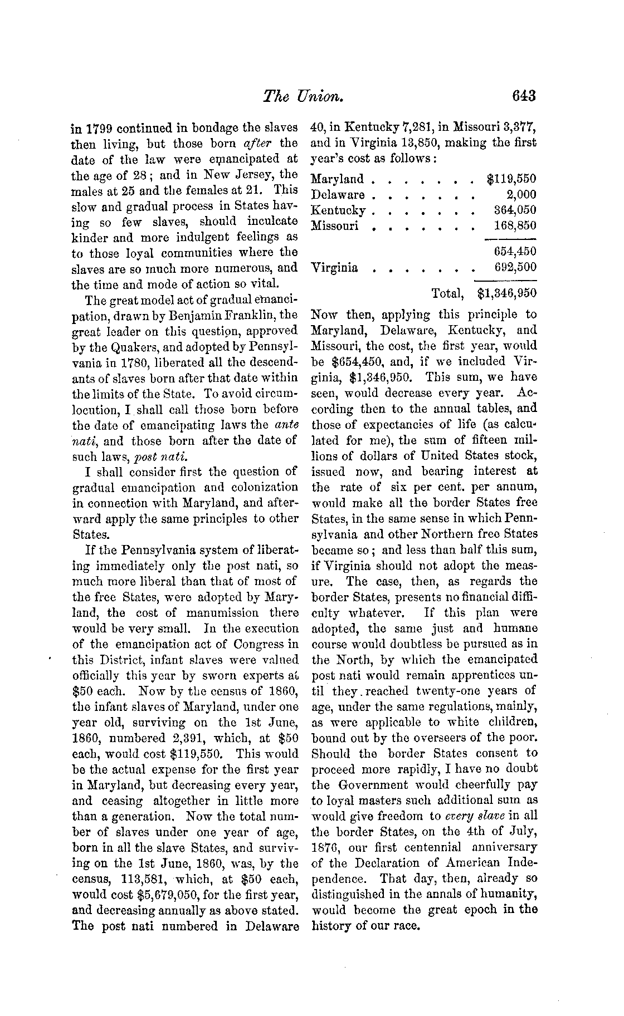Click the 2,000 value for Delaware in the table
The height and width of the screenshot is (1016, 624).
click(521, 195)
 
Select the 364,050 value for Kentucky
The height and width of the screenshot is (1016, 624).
click(515, 210)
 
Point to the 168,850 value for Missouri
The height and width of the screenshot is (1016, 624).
click(515, 226)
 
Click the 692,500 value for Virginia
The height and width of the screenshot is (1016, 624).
click(515, 267)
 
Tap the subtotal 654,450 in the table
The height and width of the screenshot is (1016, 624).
click(515, 252)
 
